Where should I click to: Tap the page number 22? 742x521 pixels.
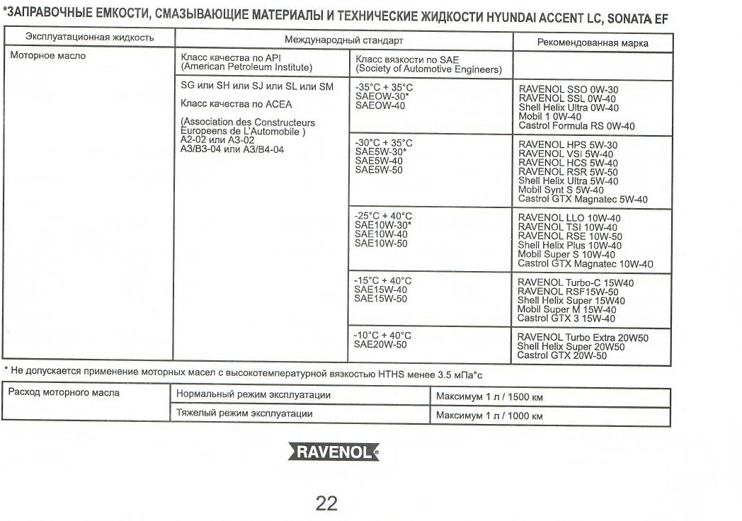[326, 503]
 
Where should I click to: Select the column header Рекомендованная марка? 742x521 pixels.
[593, 43]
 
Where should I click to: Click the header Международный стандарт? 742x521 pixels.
[343, 40]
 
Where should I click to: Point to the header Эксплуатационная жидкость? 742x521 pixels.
[90, 37]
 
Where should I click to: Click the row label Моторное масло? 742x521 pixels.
[48, 56]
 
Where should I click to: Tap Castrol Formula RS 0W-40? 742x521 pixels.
[576, 126]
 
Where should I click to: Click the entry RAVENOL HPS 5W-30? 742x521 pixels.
[568, 144]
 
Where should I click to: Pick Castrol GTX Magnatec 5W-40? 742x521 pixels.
[583, 200]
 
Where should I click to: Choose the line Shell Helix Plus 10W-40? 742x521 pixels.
[569, 246]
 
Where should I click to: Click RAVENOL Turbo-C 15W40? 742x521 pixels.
[576, 282]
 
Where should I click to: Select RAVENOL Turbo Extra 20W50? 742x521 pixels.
[583, 338]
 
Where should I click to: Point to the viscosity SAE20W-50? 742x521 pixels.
[380, 345]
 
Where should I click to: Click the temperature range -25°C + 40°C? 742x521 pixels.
[383, 216]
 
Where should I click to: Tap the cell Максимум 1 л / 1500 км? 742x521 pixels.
[489, 397]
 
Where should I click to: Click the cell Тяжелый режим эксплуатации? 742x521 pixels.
[244, 413]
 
